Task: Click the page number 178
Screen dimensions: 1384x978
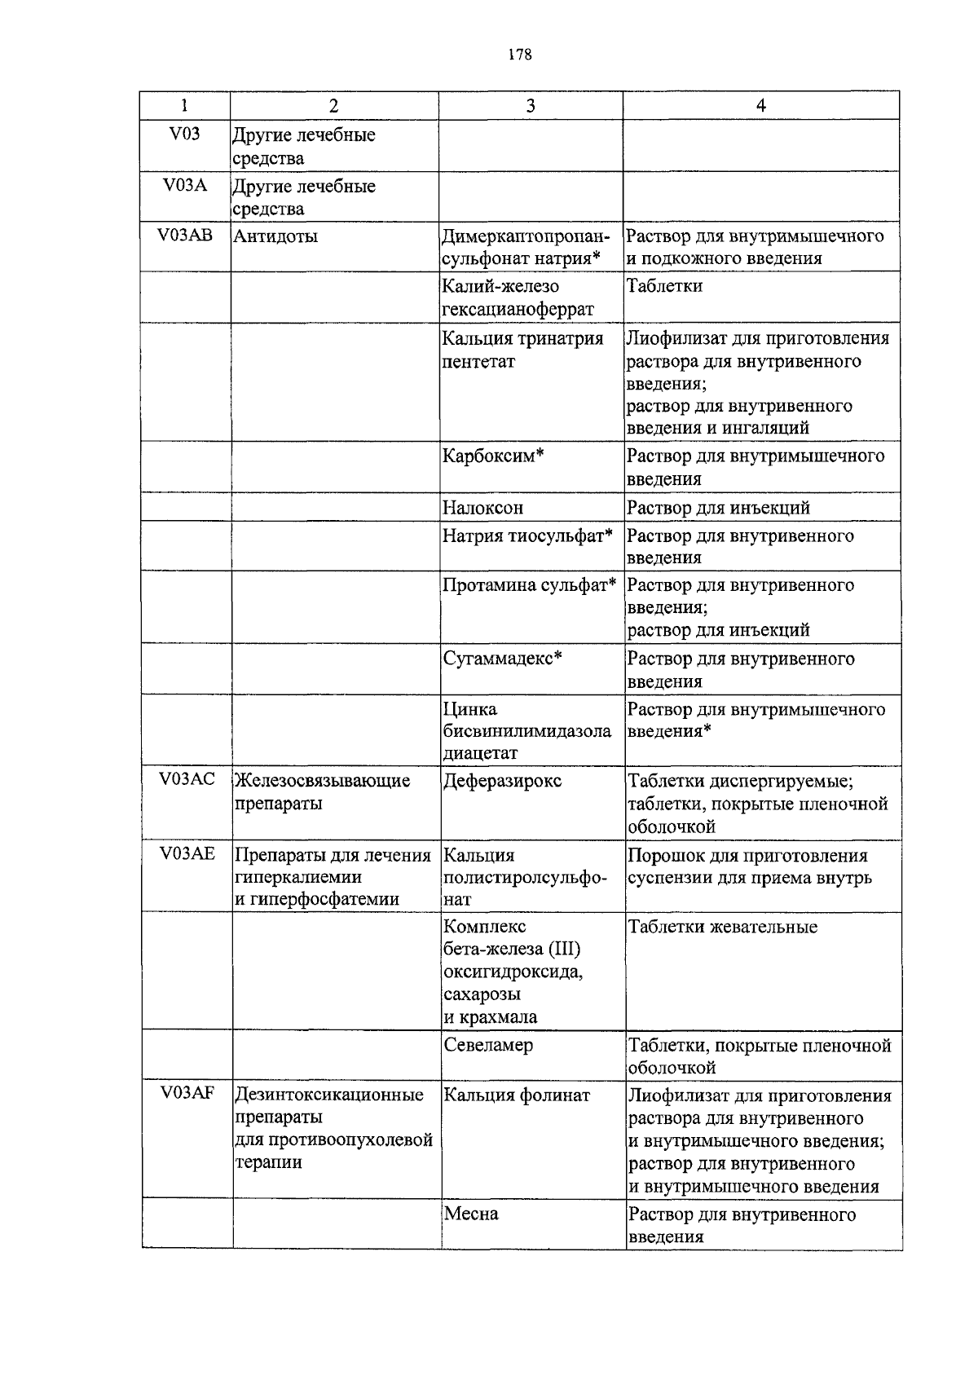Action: coord(519,55)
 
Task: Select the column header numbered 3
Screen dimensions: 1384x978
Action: coord(531,105)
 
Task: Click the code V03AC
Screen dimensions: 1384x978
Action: coord(187,779)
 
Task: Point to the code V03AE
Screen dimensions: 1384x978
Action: coord(187,853)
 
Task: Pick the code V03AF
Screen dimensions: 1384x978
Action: coord(187,1093)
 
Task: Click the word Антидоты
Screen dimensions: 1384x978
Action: coord(276,236)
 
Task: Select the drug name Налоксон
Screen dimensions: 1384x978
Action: coord(482,508)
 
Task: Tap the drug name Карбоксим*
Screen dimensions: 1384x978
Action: coord(493,455)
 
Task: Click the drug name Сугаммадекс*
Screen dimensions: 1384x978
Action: coord(503,658)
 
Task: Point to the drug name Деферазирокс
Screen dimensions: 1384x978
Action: coord(503,781)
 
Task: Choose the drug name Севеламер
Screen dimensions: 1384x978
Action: coord(488,1044)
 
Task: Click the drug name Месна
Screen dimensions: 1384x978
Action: coord(471,1214)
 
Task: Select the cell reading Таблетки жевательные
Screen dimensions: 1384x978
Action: coord(722,927)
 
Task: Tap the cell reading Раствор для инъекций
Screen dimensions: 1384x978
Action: coord(718,508)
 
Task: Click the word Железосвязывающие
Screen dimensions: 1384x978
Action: coord(323,781)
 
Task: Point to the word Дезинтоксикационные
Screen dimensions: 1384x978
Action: coord(329,1095)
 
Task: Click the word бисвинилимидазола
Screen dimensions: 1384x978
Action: coord(527,731)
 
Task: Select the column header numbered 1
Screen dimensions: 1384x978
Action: coord(184,105)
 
